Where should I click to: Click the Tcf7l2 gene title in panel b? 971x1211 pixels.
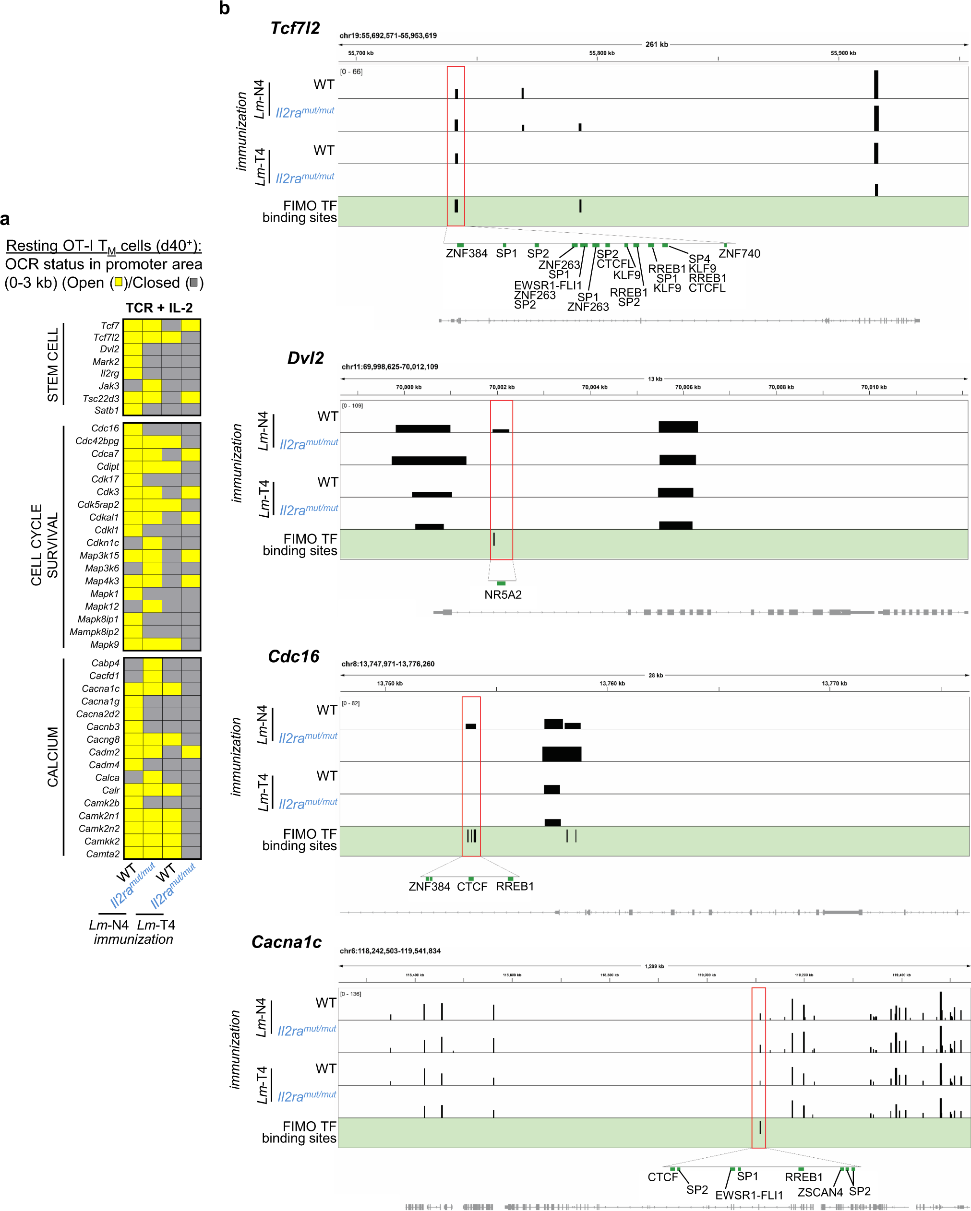pos(295,28)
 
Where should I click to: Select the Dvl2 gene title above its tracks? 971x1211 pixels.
pos(305,358)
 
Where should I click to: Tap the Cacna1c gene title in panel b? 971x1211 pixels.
pos(286,942)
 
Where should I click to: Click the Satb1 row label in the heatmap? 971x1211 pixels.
pos(107,411)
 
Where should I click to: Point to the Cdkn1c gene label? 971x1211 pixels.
pos(102,543)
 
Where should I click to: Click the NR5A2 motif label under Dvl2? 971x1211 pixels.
pos(503,595)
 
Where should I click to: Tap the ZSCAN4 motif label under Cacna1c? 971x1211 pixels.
pos(820,1192)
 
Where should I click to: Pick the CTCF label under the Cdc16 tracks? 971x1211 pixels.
pos(472,887)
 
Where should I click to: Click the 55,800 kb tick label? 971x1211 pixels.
pos(601,53)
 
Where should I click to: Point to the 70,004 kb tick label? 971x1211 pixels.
pos(595,387)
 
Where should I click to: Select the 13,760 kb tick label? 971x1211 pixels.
pos(612,684)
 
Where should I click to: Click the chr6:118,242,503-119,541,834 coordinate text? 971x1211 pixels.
pos(390,951)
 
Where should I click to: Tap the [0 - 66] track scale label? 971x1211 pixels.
pos(351,72)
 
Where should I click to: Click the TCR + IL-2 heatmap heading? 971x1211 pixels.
pos(159,308)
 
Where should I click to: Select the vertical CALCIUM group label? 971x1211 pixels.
pos(53,757)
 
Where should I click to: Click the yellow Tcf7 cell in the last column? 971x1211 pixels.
pos(191,325)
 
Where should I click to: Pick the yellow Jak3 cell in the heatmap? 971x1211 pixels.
pos(152,385)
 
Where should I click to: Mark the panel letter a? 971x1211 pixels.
pos(5,219)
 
